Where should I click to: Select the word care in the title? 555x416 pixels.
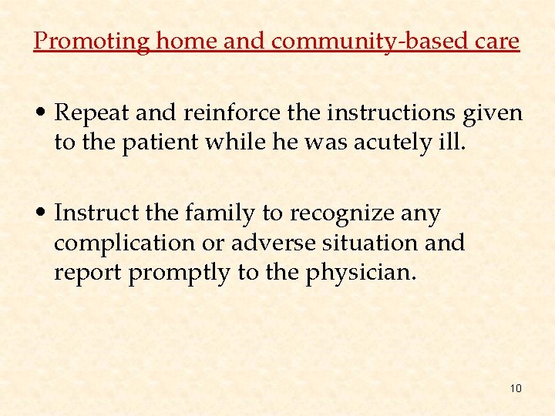499,41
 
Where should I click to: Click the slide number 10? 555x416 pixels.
516,387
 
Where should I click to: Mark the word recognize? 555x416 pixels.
346,212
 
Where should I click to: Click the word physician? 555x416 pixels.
366,272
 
